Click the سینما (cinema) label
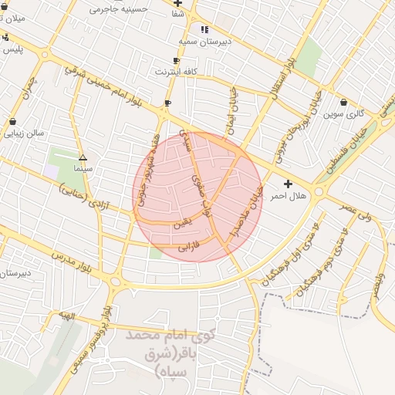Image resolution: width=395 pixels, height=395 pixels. pyautogui.click(x=83, y=167)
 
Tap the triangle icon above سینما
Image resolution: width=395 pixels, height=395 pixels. pyautogui.click(x=83, y=157)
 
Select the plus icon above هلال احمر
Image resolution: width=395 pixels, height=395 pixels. pyautogui.click(x=288, y=184)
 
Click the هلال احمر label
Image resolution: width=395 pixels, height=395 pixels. pyautogui.click(x=288, y=196)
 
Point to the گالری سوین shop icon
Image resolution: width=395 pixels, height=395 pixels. pyautogui.click(x=343, y=103)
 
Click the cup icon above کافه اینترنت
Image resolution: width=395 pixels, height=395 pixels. pyautogui.click(x=177, y=60)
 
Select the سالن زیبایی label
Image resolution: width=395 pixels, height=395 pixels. pyautogui.click(x=24, y=133)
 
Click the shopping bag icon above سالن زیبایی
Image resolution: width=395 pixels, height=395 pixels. pyautogui.click(x=12, y=121)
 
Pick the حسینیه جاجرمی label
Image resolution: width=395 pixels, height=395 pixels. pyautogui.click(x=117, y=9)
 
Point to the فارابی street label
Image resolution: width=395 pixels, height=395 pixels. pyautogui.click(x=189, y=248)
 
